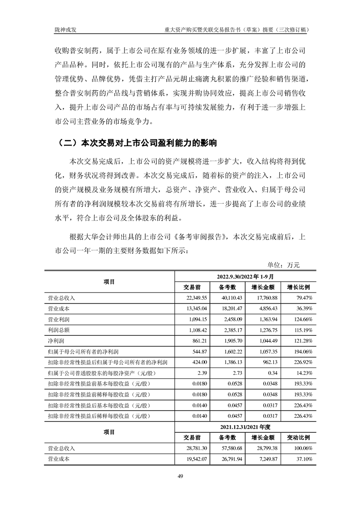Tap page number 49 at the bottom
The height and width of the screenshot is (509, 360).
180,476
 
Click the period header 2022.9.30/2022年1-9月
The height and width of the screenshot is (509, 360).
245,276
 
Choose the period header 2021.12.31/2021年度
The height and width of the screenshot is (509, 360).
245,427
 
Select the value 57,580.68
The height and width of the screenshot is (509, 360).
232,448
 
